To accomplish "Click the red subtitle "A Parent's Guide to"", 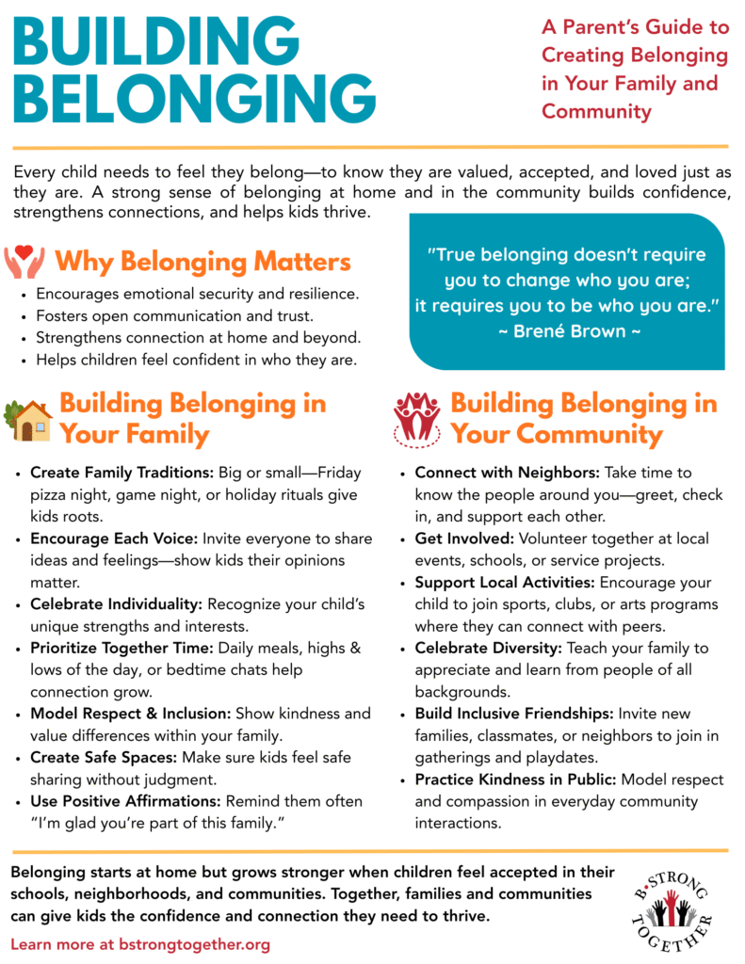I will tap(635, 27).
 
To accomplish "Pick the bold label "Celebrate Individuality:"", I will tap(117, 604).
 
